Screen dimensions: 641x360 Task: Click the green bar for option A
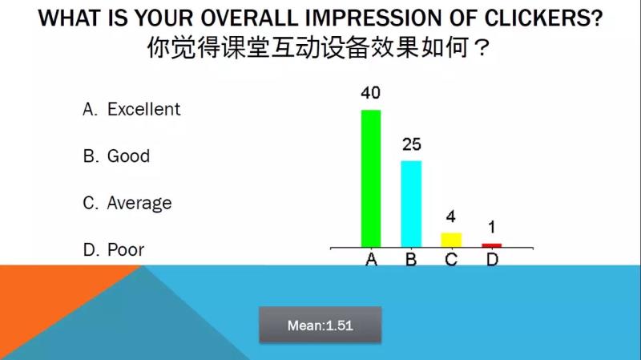tap(371, 179)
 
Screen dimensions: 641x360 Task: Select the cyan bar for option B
tap(411, 204)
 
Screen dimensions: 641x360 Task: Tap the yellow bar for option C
tap(451, 241)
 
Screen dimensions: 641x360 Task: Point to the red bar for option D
tap(492, 245)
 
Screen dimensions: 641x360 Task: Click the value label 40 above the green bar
tap(371, 93)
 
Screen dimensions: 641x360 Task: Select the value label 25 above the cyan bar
tap(411, 144)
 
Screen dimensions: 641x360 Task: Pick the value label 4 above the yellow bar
tap(450, 216)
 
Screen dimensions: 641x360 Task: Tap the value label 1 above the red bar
tap(492, 227)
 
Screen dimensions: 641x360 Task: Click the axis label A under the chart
tap(371, 259)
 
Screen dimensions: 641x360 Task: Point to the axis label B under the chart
tap(411, 259)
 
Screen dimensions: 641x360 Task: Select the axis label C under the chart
tap(451, 259)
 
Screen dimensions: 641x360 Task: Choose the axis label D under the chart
tap(492, 259)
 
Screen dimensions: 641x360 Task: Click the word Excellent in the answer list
tap(143, 109)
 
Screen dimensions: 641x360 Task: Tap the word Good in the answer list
tap(128, 156)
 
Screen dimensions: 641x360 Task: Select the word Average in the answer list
tap(139, 204)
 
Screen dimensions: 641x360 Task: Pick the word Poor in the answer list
tap(126, 250)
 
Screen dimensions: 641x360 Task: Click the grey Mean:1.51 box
tap(320, 326)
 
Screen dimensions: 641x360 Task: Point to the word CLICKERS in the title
tap(543, 18)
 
